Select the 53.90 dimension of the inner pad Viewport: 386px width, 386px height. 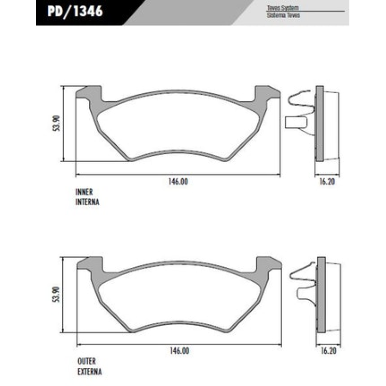pyautogui.click(x=56, y=124)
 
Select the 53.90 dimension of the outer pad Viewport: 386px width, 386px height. pyautogui.click(x=56, y=294)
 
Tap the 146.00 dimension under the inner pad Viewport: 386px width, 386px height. pyautogui.click(x=178, y=181)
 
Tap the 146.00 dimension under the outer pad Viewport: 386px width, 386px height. pyautogui.click(x=179, y=352)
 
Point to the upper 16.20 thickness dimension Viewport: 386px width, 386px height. pyautogui.click(x=327, y=182)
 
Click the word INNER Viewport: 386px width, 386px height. pyautogui.click(x=84, y=192)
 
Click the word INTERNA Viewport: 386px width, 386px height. pyautogui.click(x=87, y=202)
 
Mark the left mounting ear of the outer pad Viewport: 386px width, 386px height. pyautogui.click(x=91, y=263)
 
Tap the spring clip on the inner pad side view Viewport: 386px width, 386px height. pyautogui.click(x=301, y=103)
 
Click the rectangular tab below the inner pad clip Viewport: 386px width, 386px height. pyautogui.click(x=295, y=123)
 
